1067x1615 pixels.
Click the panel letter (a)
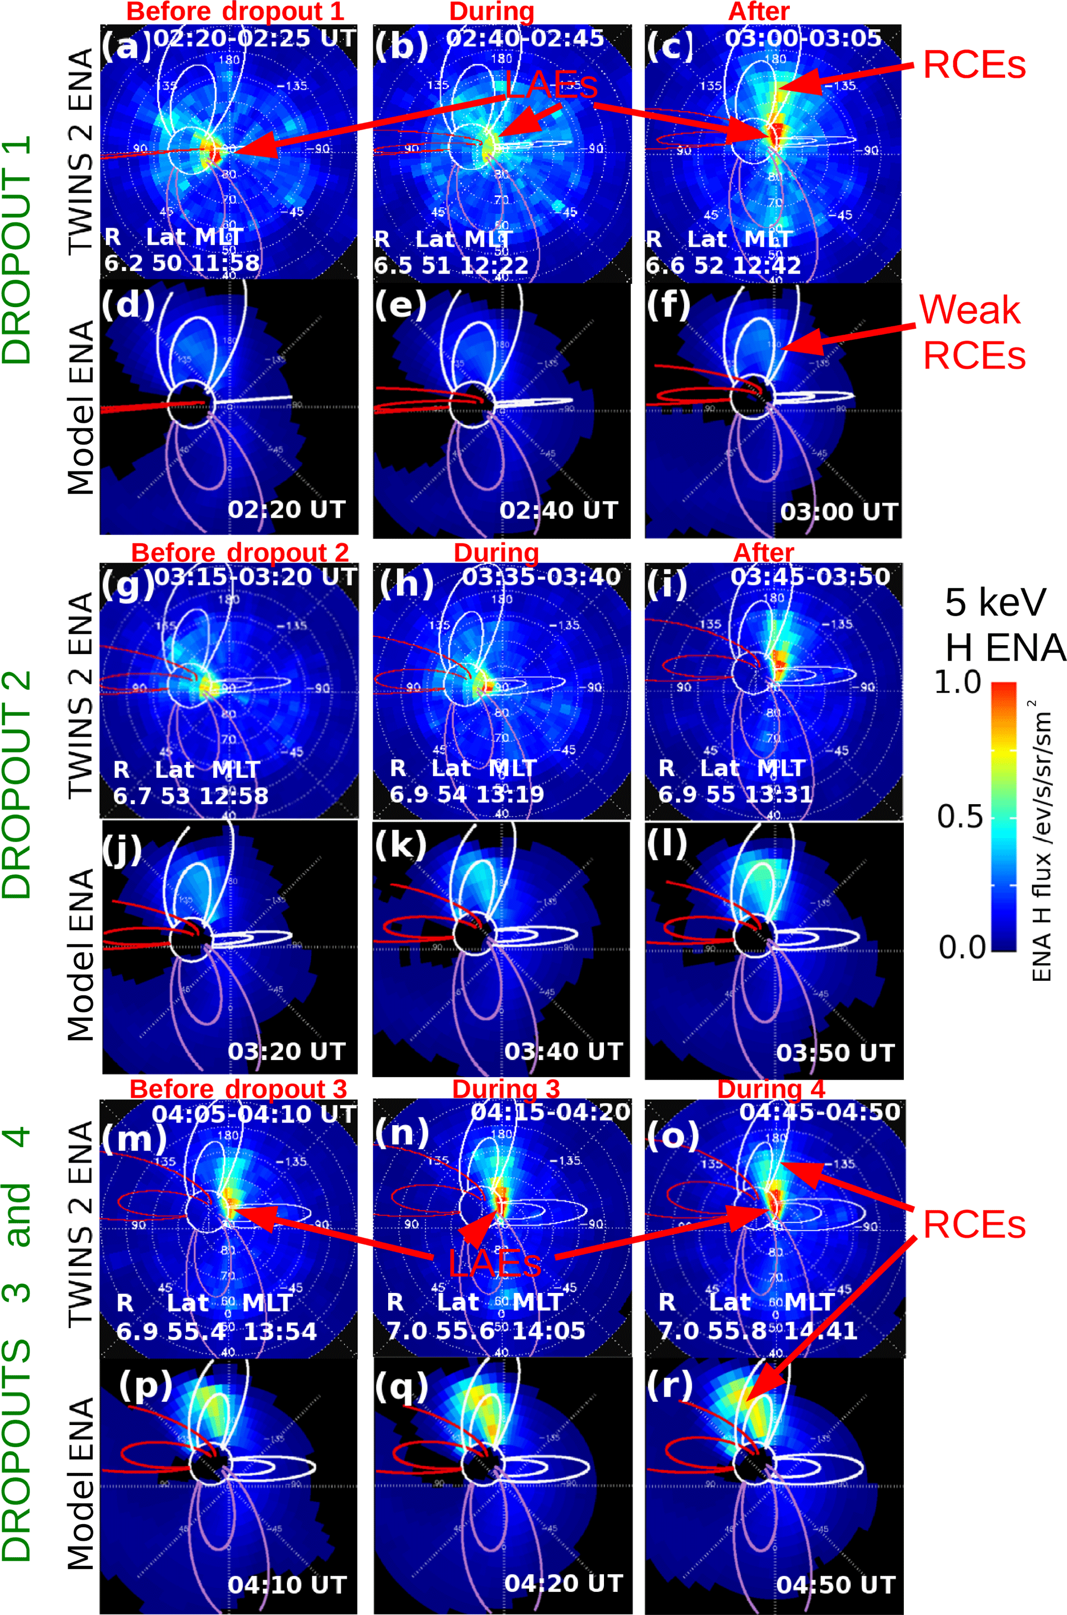pyautogui.click(x=126, y=47)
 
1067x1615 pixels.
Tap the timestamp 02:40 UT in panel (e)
pyautogui.click(x=558, y=510)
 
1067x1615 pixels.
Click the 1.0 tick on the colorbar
pyautogui.click(x=958, y=682)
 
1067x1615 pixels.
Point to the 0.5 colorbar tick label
pyautogui.click(x=960, y=817)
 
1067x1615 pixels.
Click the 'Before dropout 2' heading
pyautogui.click(x=240, y=552)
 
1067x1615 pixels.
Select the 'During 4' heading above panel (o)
pyautogui.click(x=771, y=1089)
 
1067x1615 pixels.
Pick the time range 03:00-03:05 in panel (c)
pyautogui.click(x=803, y=39)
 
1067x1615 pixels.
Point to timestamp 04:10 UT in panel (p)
pyautogui.click(x=286, y=1585)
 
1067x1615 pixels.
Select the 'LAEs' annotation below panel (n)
pyautogui.click(x=495, y=1264)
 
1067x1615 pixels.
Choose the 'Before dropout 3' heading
pyautogui.click(x=238, y=1089)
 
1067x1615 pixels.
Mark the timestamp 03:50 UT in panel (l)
pyautogui.click(x=835, y=1052)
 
